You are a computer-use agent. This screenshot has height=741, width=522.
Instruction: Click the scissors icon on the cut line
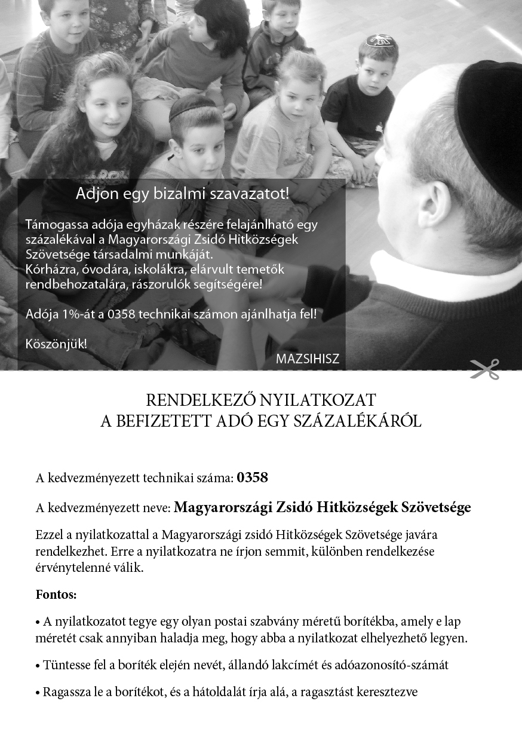point(484,369)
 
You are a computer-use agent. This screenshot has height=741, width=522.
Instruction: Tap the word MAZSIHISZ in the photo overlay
point(308,359)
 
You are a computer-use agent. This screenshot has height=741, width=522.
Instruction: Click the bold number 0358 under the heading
point(252,477)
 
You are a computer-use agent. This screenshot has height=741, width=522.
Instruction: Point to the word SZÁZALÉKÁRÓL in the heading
point(357,421)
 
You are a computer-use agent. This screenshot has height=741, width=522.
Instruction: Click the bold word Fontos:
point(56,595)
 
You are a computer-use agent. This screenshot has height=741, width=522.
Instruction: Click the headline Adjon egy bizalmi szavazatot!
point(183,194)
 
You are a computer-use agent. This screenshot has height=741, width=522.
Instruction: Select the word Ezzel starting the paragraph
point(50,534)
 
